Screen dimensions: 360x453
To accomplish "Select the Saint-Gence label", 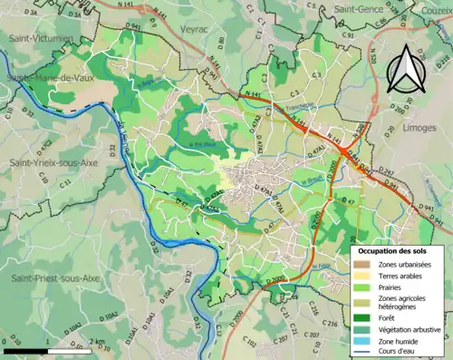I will (x=360, y=8).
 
